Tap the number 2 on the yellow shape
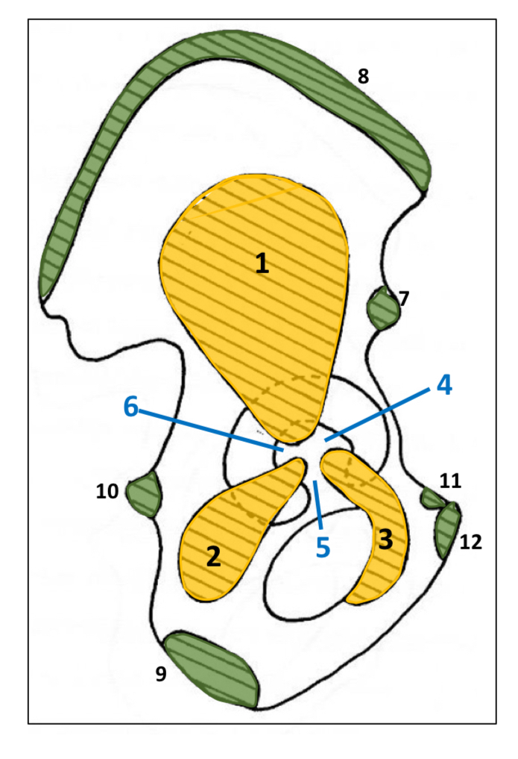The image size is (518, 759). pos(213,557)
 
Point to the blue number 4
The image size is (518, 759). pos(443,385)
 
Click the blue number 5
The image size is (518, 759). pos(322,547)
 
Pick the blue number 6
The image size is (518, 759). pos(131,407)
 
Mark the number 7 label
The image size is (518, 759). pos(404,299)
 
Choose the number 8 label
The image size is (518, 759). pos(363,76)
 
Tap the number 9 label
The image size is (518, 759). pos(161,674)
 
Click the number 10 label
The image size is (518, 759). pos(107,490)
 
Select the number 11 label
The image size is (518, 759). pos(450,481)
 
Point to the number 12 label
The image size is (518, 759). pos(471,542)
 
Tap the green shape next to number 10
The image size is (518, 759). pos(145,495)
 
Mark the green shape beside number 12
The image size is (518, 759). pos(448,529)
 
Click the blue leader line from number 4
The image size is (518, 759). pos(380,412)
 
